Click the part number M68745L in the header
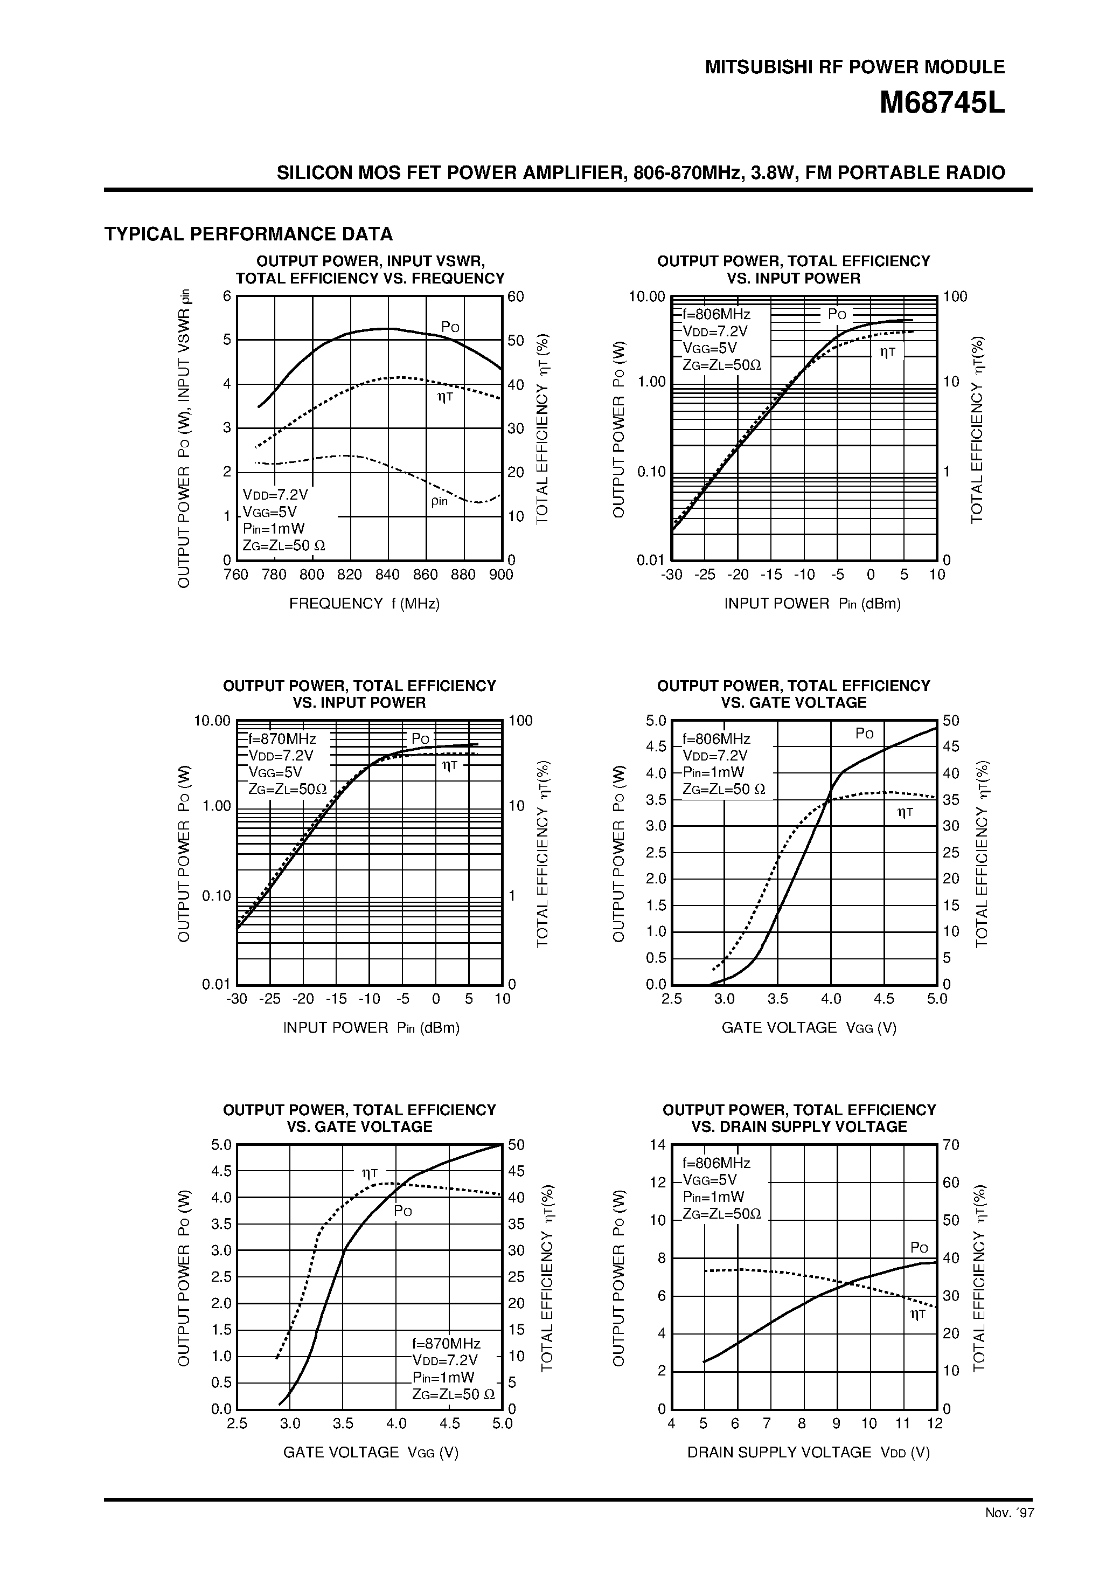tap(942, 103)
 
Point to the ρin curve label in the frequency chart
tap(439, 501)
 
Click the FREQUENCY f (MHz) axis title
tap(364, 603)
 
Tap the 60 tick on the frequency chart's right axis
tap(516, 296)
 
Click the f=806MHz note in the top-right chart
tap(716, 314)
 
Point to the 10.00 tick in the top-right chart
tap(647, 296)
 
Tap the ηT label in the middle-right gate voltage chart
tap(905, 813)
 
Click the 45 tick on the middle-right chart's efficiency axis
tap(950, 747)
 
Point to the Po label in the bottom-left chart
tap(403, 1212)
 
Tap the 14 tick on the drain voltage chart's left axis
tap(657, 1145)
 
